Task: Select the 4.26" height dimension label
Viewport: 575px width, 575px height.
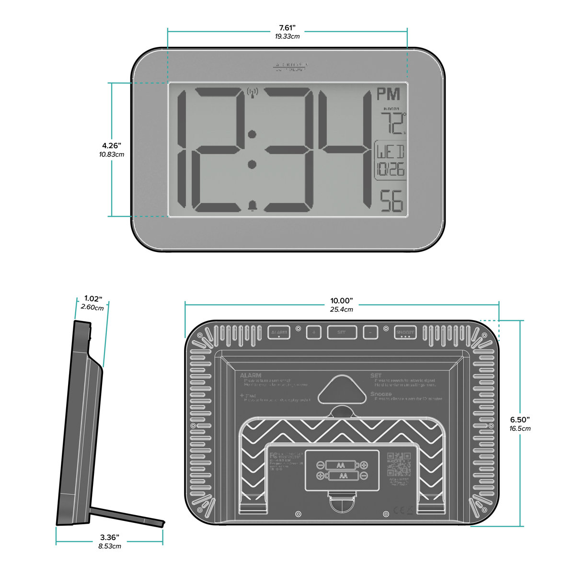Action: pyautogui.click(x=111, y=145)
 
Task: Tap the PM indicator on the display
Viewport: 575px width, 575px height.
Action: pyautogui.click(x=388, y=94)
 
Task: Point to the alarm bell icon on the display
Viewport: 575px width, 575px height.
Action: pyautogui.click(x=252, y=206)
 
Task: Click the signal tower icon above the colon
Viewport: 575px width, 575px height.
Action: pyautogui.click(x=252, y=92)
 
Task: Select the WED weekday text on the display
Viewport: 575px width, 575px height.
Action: pyautogui.click(x=390, y=152)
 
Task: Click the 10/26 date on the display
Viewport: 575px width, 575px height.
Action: pyautogui.click(x=390, y=169)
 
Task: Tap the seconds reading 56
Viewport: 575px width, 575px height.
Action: pyautogui.click(x=391, y=202)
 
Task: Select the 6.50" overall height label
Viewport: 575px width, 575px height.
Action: pyautogui.click(x=520, y=420)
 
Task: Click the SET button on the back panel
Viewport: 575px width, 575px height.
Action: pyautogui.click(x=342, y=332)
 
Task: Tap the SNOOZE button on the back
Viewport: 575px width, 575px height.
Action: pyautogui.click(x=405, y=332)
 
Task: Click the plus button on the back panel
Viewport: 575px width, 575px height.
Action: pyautogui.click(x=314, y=332)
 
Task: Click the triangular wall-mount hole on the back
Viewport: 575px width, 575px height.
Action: pyautogui.click(x=341, y=389)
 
